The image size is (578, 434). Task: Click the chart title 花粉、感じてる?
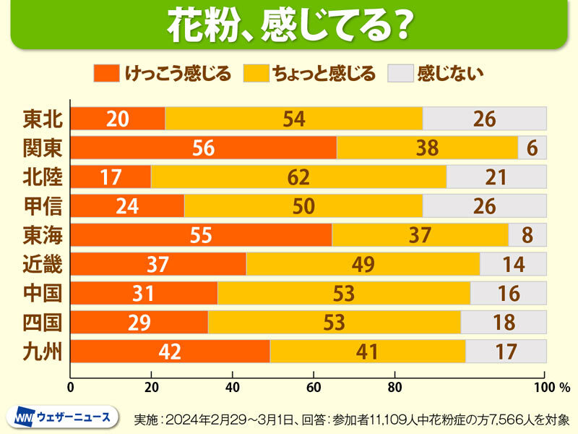(x=289, y=25)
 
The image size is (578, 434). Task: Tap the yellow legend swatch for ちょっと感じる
(x=256, y=73)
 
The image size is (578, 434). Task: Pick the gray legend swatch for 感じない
(x=400, y=73)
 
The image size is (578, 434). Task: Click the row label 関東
(x=43, y=148)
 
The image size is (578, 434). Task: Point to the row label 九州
(x=43, y=352)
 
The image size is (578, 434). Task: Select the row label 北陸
(x=43, y=176)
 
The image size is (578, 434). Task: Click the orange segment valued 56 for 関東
(x=204, y=148)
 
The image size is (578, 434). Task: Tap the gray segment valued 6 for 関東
(x=532, y=148)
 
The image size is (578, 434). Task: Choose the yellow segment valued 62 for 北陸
(x=298, y=176)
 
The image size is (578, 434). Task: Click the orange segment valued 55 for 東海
(x=201, y=235)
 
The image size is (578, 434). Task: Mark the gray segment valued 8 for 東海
(x=527, y=235)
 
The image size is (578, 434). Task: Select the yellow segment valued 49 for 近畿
(x=363, y=264)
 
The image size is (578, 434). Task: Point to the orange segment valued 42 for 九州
(x=171, y=352)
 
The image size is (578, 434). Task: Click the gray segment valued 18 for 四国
(x=504, y=323)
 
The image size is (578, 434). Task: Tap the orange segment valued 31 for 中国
(x=144, y=293)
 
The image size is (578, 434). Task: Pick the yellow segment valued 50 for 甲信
(x=303, y=206)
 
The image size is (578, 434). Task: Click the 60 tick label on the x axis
(x=314, y=386)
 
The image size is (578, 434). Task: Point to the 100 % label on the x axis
(x=555, y=386)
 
